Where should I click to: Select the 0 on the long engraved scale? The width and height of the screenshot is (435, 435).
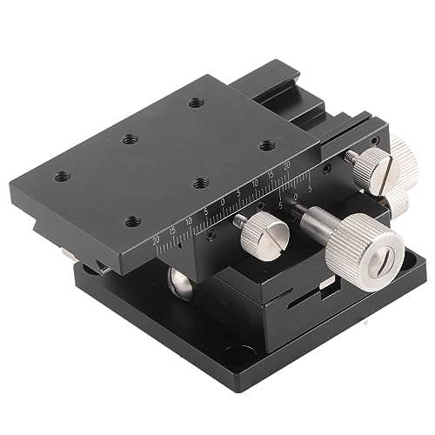[223, 202]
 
